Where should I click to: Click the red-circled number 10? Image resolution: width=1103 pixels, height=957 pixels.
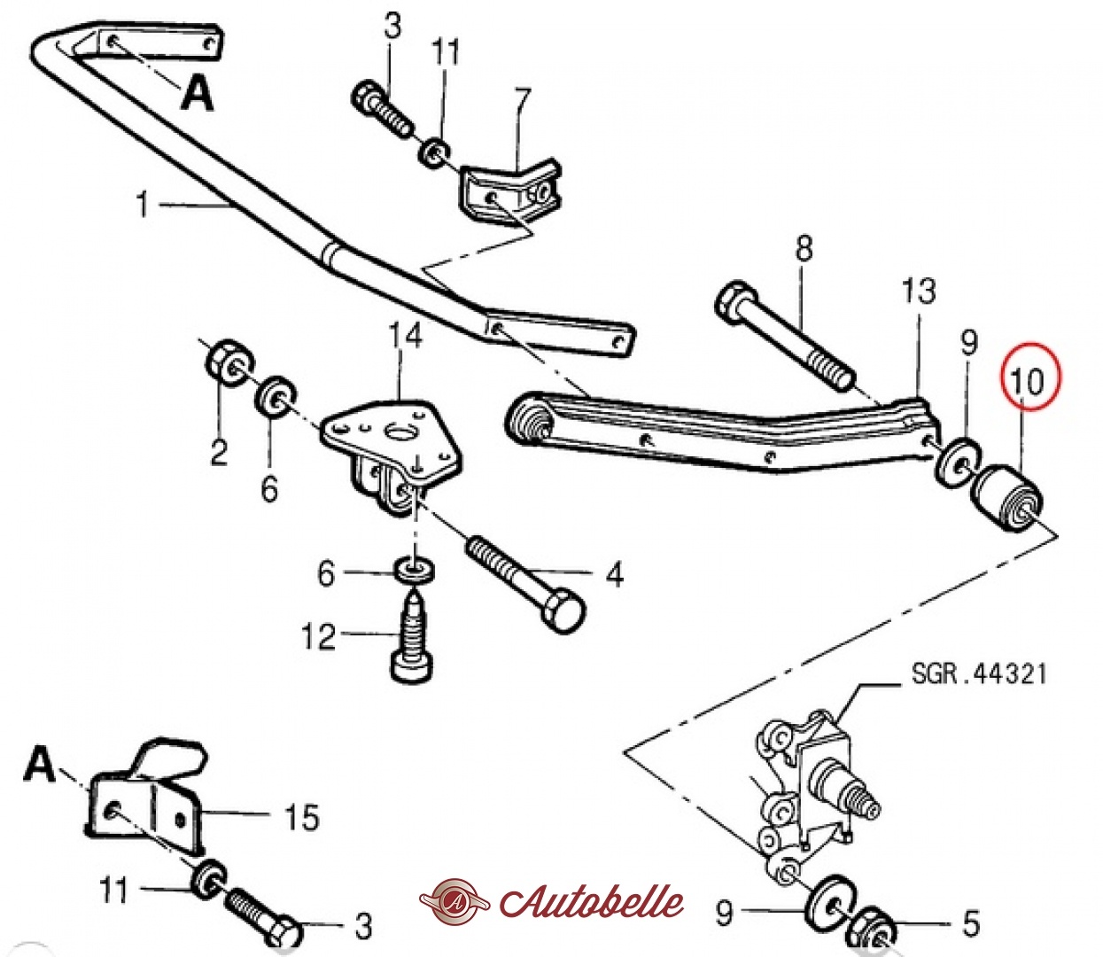click(x=1029, y=380)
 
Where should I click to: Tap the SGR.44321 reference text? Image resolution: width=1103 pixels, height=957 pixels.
click(x=978, y=674)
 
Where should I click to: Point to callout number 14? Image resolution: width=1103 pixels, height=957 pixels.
click(x=405, y=336)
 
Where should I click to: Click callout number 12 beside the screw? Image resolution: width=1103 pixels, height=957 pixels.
click(x=318, y=636)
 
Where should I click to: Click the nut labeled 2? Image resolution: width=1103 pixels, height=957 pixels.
click(x=229, y=362)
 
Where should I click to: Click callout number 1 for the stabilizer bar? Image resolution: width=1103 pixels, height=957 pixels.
click(x=142, y=205)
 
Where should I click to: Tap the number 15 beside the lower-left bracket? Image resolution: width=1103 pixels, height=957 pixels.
click(x=301, y=816)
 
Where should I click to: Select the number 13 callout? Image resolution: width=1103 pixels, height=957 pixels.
click(x=918, y=291)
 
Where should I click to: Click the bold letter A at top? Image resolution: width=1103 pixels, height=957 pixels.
click(x=197, y=92)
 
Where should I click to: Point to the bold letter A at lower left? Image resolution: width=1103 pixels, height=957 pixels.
click(x=40, y=764)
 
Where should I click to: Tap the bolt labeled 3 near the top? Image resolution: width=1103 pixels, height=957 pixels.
click(x=384, y=109)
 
